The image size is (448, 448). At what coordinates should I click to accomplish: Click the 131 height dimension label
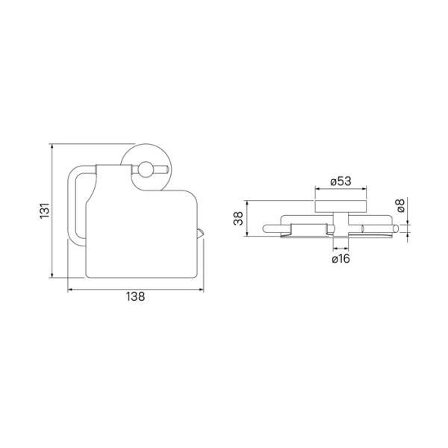click(45, 211)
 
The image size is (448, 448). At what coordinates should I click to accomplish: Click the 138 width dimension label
click(136, 296)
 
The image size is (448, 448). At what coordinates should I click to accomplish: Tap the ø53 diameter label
click(340, 181)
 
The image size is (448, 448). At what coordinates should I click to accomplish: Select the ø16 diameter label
click(340, 259)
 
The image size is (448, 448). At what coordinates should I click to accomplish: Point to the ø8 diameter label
click(401, 206)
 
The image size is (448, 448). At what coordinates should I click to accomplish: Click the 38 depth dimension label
click(238, 218)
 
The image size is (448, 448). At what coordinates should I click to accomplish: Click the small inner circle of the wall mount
click(145, 169)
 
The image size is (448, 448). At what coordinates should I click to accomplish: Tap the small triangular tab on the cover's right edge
click(201, 233)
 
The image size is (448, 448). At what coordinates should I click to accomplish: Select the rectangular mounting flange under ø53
click(340, 207)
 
